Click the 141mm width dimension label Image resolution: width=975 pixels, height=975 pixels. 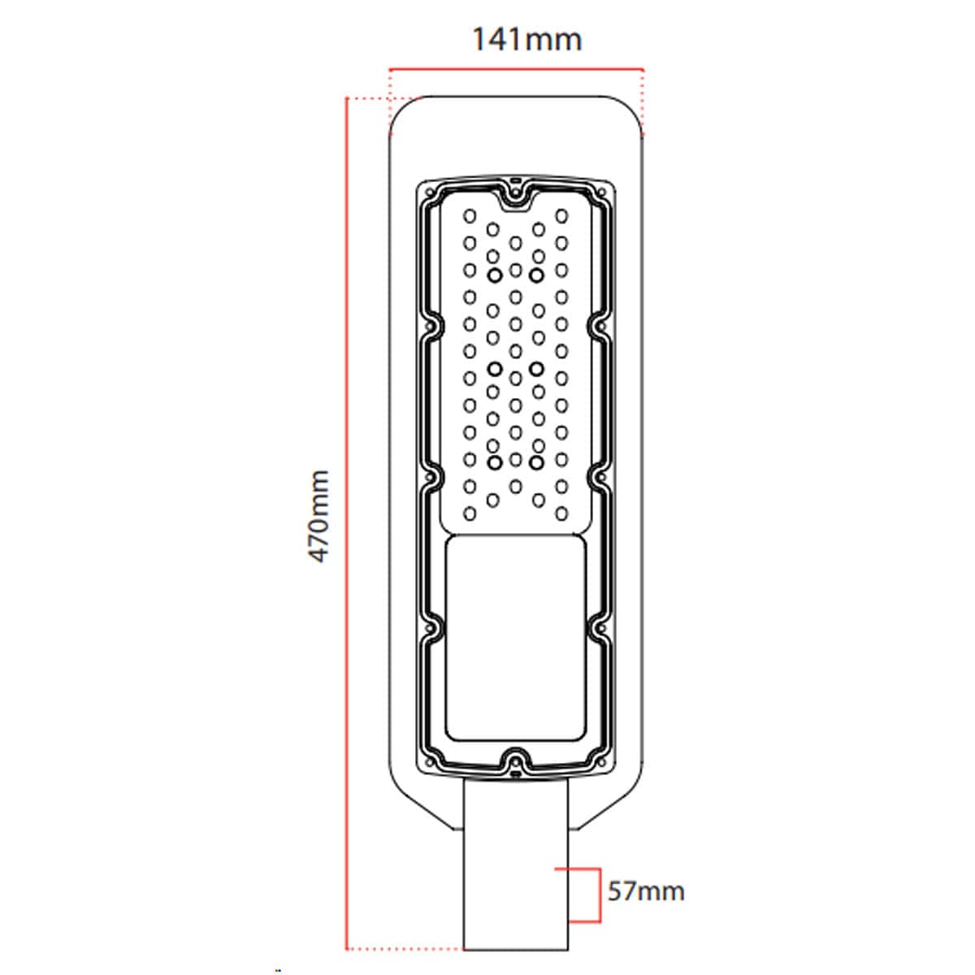(526, 40)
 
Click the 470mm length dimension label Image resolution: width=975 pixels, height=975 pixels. (318, 517)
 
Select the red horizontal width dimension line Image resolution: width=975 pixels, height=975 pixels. (516, 69)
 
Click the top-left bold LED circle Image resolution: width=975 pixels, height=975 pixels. (494, 275)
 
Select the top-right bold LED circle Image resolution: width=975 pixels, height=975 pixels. (536, 275)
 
